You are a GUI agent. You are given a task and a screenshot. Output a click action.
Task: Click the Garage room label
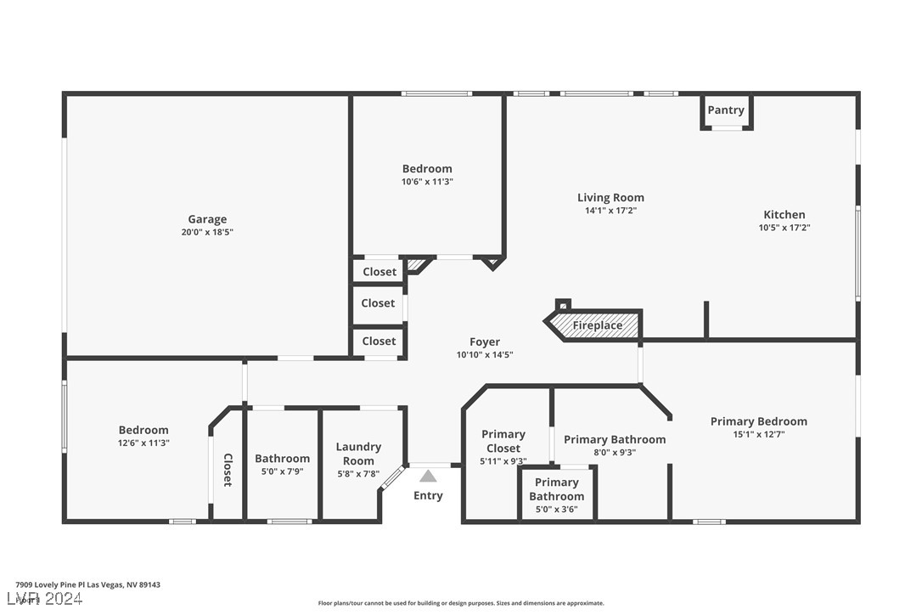(x=207, y=219)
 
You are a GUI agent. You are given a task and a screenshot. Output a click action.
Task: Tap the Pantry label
(x=726, y=110)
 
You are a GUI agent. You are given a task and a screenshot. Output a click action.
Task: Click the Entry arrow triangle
(x=428, y=477)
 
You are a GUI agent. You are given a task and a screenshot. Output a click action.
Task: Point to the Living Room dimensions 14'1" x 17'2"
(x=610, y=211)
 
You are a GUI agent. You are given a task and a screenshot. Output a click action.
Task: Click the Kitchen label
(x=784, y=215)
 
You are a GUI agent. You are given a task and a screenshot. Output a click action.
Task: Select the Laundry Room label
(x=358, y=454)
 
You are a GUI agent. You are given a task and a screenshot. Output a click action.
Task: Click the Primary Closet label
(x=503, y=441)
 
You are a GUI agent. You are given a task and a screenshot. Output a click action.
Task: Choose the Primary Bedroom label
(x=758, y=421)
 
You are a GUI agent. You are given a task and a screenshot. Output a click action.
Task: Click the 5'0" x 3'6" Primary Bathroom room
(x=557, y=494)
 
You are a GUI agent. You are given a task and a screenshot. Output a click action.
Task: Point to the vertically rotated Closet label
(x=228, y=470)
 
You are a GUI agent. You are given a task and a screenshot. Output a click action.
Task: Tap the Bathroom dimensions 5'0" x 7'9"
(x=283, y=471)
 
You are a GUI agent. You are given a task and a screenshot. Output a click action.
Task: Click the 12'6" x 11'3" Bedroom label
(x=143, y=430)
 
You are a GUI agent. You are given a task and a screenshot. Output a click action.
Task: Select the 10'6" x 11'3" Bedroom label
(x=427, y=168)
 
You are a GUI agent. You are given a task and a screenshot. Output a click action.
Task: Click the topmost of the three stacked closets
(x=379, y=272)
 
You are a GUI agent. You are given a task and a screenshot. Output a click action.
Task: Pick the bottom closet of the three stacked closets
(x=379, y=341)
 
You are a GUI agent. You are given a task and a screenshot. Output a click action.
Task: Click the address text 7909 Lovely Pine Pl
(x=87, y=584)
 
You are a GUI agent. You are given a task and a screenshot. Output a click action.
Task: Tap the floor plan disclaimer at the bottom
(x=461, y=603)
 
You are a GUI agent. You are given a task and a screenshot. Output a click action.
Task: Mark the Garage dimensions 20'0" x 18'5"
(x=207, y=232)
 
